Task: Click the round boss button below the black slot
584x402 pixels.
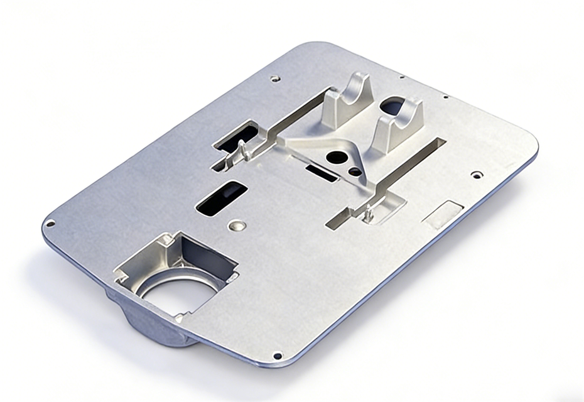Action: click(x=237, y=225)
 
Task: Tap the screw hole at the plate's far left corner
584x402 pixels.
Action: click(x=50, y=222)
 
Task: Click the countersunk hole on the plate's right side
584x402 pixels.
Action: click(x=477, y=174)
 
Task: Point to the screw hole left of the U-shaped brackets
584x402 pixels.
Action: click(x=274, y=79)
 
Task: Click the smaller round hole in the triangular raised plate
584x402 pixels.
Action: click(x=355, y=171)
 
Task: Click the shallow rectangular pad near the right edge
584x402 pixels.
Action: click(x=443, y=213)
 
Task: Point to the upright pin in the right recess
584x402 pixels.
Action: click(x=369, y=212)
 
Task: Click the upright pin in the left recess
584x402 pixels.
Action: click(x=242, y=149)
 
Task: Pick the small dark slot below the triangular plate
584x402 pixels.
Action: click(x=322, y=172)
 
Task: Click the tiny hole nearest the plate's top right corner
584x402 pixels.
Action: click(x=445, y=97)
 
